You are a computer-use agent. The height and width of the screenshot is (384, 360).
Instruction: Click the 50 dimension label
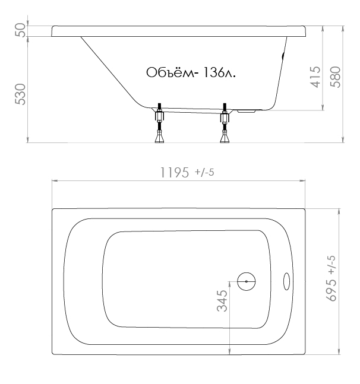coord(20,30)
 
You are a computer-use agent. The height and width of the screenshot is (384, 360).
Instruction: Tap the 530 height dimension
coord(20,94)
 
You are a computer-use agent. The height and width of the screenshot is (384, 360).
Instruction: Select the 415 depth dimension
coord(315,77)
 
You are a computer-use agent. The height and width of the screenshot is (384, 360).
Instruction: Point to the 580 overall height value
coord(336,77)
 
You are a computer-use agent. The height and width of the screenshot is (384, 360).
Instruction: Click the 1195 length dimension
coord(175,172)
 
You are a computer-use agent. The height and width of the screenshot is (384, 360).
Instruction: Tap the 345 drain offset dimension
coord(222,301)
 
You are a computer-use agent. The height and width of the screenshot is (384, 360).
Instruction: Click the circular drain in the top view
coord(247,282)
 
